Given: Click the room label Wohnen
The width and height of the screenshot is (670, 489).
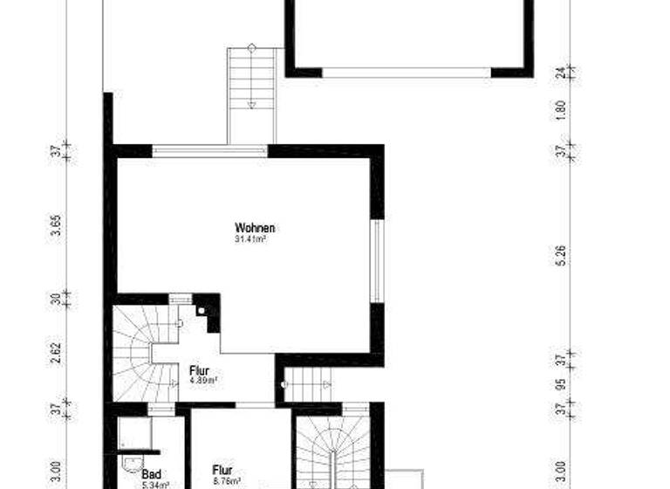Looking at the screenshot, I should [x=250, y=228].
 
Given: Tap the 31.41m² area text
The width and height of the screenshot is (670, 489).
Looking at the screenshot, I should [x=250, y=238].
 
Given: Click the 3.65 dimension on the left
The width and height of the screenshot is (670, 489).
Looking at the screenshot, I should [x=57, y=226].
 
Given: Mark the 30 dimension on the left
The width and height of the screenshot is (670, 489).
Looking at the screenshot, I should [x=57, y=300].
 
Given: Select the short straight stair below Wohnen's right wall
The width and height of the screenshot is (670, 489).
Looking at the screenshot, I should [x=309, y=384].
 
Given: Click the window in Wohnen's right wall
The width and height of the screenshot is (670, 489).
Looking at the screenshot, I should [x=377, y=260].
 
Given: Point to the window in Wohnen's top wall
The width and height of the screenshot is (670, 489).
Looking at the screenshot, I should [x=209, y=151].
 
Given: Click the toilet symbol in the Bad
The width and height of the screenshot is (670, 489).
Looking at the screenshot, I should [x=130, y=463].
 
